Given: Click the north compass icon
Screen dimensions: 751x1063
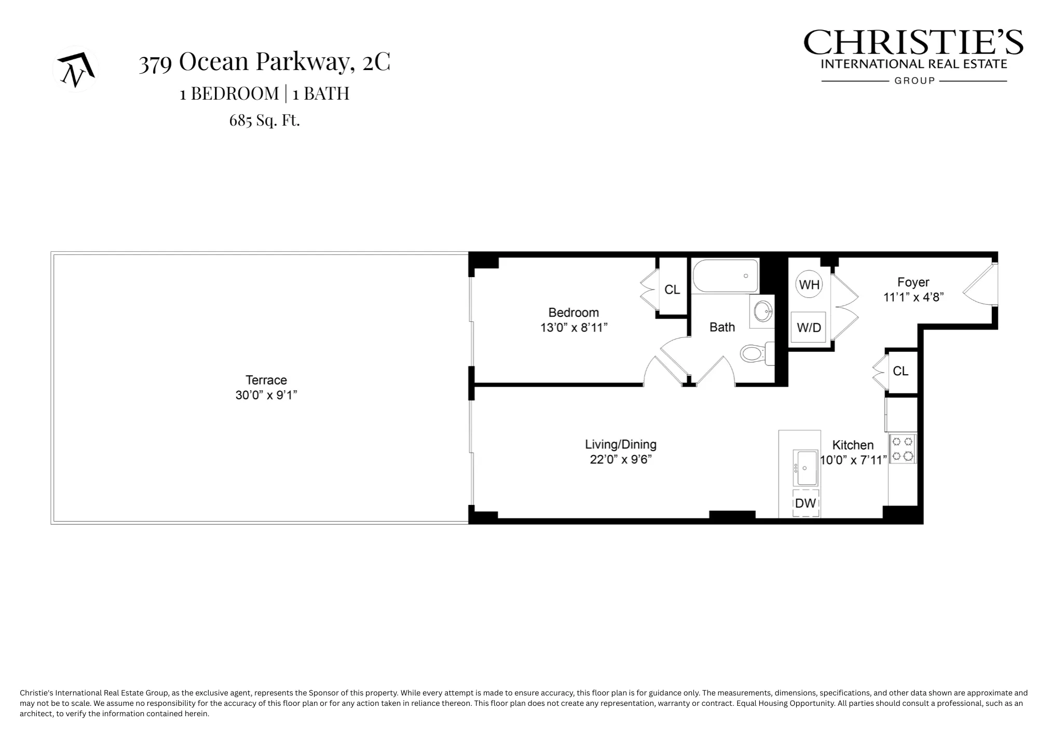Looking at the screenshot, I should (x=76, y=69).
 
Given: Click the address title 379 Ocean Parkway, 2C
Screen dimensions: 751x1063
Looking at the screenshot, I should (x=264, y=62).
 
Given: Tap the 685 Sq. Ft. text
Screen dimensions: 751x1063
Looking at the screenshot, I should (x=264, y=120).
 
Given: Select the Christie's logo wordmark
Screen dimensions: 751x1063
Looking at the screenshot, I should (x=913, y=43).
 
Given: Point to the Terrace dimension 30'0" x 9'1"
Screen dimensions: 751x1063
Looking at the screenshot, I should (x=266, y=395).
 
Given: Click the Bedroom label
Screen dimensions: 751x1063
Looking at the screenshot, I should (x=573, y=312).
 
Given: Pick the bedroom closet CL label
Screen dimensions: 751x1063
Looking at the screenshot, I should (x=672, y=290).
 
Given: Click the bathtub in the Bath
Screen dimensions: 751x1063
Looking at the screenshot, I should (x=725, y=276).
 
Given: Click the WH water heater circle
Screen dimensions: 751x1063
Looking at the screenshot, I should (x=809, y=284).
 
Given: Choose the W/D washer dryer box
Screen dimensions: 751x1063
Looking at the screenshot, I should (x=809, y=327).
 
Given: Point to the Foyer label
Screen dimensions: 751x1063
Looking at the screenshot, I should (x=913, y=282).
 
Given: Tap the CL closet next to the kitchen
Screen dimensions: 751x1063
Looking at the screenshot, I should (x=901, y=371).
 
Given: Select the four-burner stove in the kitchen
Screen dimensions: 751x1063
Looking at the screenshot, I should (x=902, y=449).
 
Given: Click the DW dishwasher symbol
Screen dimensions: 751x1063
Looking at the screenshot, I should (x=806, y=503).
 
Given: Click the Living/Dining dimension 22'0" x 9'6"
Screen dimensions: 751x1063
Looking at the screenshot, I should (x=620, y=459).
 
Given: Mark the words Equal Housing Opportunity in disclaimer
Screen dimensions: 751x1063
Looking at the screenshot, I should (x=785, y=703).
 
